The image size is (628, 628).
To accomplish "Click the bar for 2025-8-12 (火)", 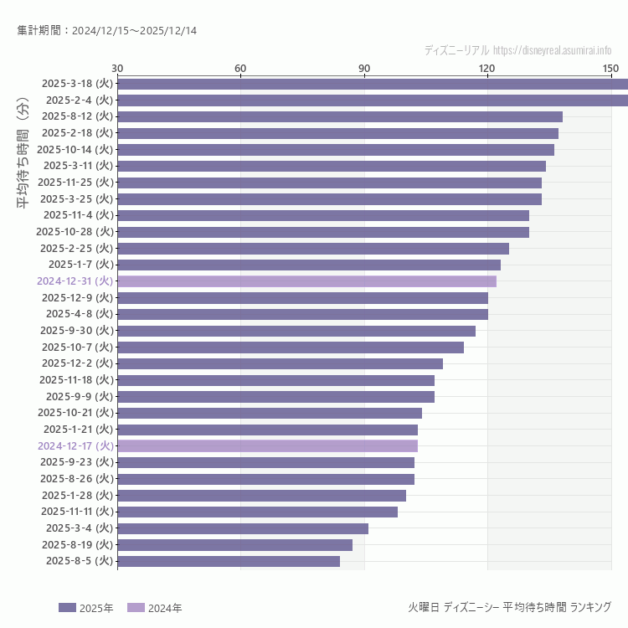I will (339, 116).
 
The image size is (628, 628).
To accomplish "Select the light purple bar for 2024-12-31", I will (306, 281).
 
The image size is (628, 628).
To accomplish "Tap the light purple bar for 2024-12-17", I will (267, 446).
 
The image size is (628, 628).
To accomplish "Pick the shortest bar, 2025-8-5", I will (229, 561).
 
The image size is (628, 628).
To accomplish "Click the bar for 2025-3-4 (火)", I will (243, 528).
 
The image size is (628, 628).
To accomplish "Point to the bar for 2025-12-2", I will (280, 363).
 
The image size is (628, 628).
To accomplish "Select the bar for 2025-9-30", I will (296, 331).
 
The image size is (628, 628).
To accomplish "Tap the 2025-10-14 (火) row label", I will (75, 149).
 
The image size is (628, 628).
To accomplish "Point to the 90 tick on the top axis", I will (364, 68).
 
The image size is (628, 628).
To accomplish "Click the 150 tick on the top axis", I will (610, 68).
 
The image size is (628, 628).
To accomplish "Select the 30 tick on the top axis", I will (117, 68).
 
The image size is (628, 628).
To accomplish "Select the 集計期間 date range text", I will (106, 31).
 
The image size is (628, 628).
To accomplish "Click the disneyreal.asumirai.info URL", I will (552, 50).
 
